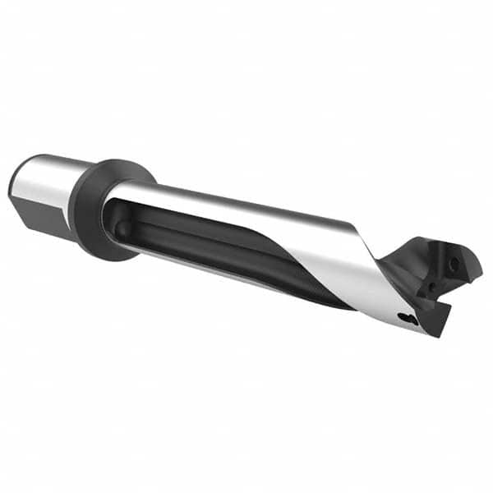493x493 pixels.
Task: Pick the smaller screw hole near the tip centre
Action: [x=427, y=287]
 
